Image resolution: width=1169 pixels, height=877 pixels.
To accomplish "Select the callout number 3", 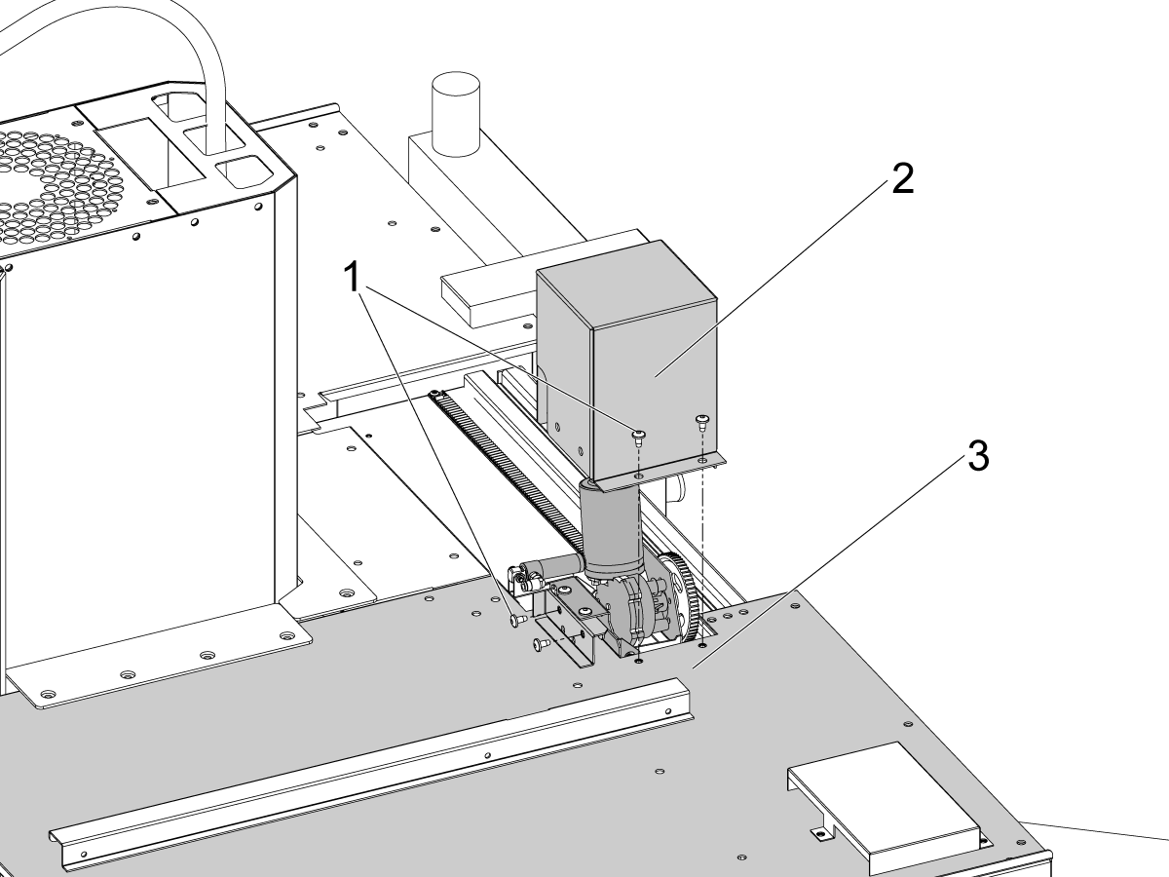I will tap(977, 455).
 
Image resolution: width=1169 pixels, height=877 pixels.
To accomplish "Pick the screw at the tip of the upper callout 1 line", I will tap(640, 434).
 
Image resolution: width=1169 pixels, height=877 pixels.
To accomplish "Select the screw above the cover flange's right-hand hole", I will tap(701, 421).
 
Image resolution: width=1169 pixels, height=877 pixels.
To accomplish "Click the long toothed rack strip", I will tap(507, 468).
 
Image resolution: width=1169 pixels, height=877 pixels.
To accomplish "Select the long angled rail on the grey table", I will tap(370, 770).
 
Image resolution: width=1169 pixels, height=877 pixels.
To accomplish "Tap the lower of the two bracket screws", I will tap(538, 643).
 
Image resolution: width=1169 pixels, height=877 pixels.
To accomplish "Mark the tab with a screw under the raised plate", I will tap(821, 831).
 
